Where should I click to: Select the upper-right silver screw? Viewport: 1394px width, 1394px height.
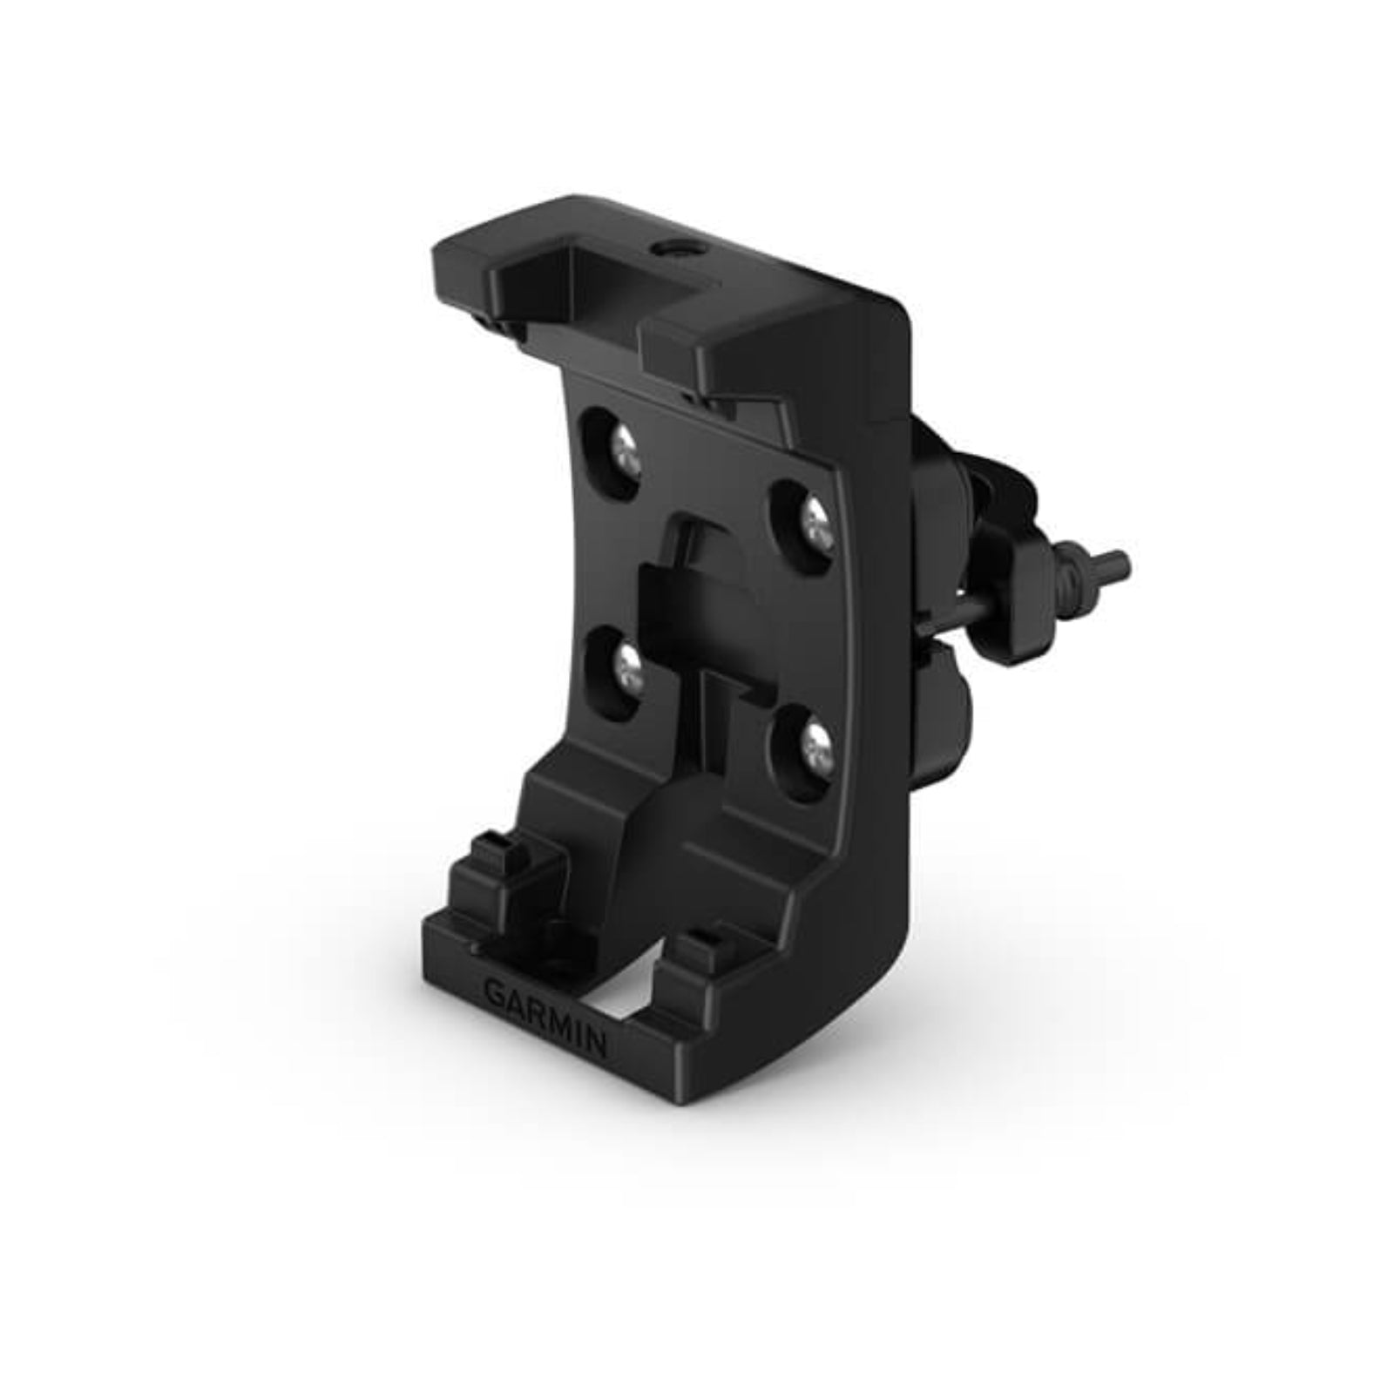pos(814,523)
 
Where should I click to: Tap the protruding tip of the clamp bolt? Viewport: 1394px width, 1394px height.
pos(1120,565)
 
